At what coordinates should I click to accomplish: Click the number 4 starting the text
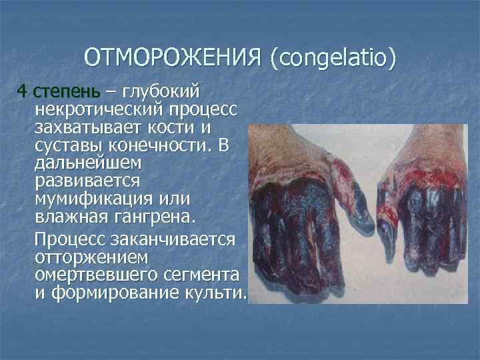[21, 90]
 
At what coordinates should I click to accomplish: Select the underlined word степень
[58, 90]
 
